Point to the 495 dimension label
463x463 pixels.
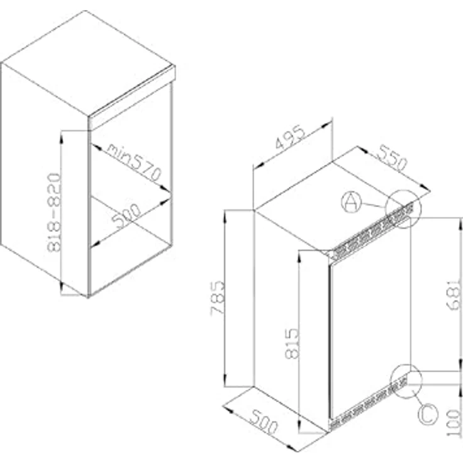click(291, 145)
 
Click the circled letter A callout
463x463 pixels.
click(351, 202)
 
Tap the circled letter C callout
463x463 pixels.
click(427, 414)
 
